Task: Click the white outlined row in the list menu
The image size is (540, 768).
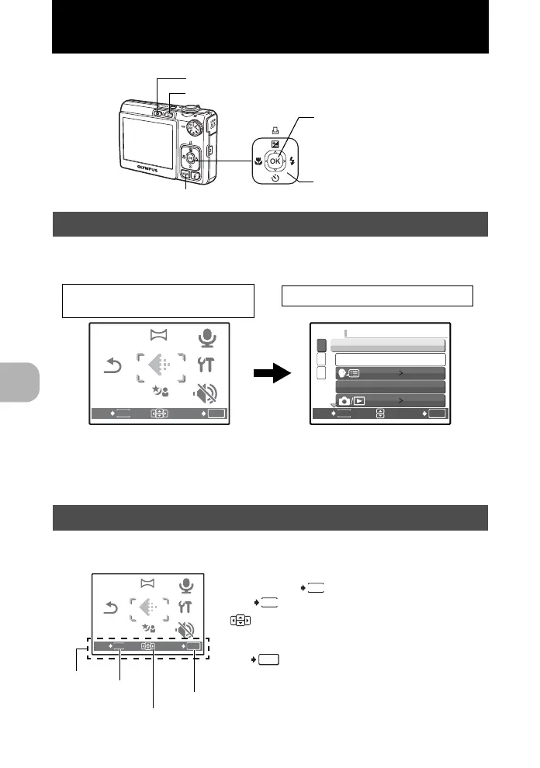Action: pos(390,359)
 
